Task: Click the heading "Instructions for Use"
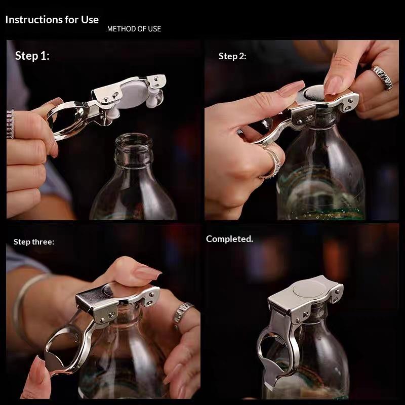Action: (x=52, y=20)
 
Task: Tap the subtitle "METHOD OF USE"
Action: (x=134, y=29)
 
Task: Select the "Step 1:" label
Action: (x=32, y=56)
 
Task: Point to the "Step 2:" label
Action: (x=232, y=56)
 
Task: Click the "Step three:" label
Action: (x=34, y=242)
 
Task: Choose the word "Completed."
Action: (x=229, y=238)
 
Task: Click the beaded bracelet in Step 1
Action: (x=10, y=124)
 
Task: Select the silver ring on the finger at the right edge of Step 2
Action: (x=382, y=77)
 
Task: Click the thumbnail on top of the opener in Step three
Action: (x=147, y=273)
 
